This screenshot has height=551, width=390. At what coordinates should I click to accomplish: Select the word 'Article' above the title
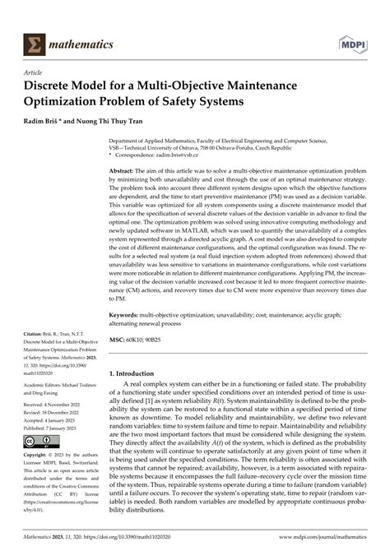37,72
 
